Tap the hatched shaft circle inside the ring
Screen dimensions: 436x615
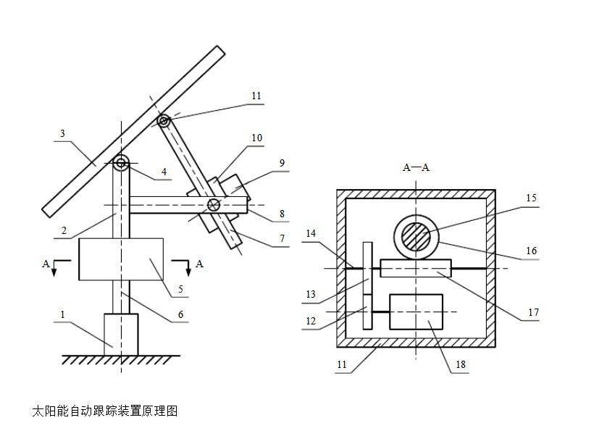[415, 237]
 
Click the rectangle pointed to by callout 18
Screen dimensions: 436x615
[416, 311]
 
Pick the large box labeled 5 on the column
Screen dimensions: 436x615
[121, 259]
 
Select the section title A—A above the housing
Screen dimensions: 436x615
[416, 167]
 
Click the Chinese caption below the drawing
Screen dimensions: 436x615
[104, 411]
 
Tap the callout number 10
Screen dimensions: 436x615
[256, 138]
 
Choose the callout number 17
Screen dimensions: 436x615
[533, 312]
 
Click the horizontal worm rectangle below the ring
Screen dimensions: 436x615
[415, 268]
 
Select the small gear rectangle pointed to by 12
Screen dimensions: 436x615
[367, 311]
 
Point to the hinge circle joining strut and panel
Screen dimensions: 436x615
[164, 121]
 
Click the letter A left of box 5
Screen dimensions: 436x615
[46, 264]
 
